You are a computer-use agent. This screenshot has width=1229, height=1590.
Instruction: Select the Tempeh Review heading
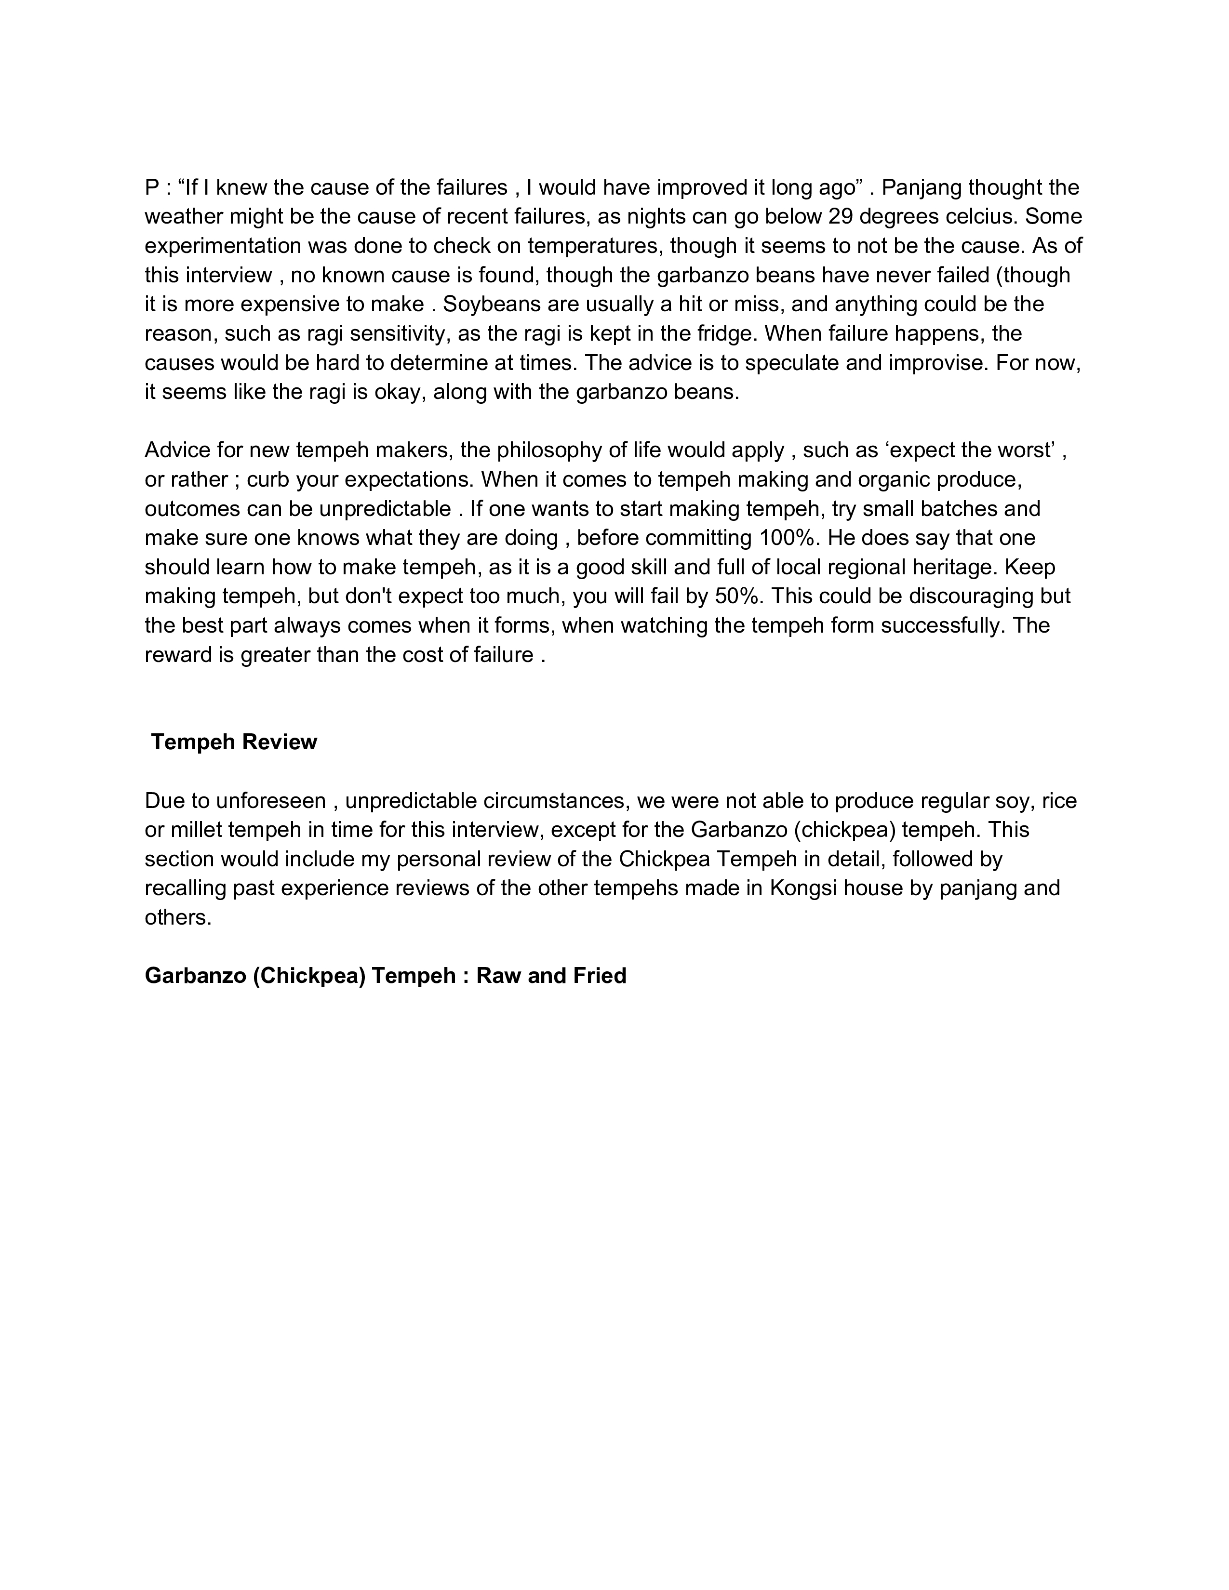(x=234, y=742)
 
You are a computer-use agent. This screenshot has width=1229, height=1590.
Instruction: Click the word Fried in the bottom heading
(x=599, y=976)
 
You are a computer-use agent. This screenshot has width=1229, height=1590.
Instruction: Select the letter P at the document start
(x=151, y=188)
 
